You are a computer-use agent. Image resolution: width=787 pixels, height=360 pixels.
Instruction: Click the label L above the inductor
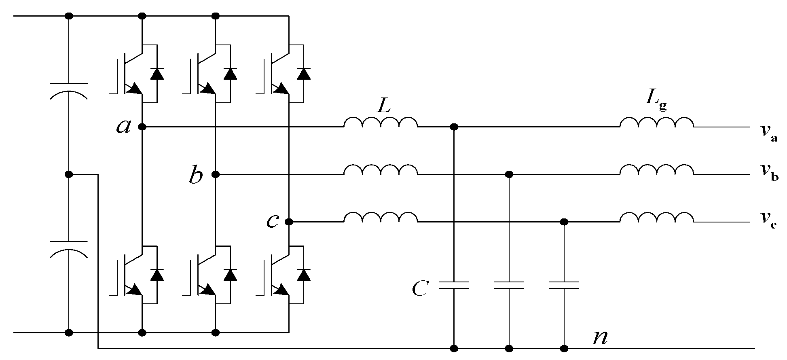(384, 106)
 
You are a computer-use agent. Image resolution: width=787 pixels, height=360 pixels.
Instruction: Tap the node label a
(123, 127)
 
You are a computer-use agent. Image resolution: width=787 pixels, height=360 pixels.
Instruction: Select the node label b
(196, 176)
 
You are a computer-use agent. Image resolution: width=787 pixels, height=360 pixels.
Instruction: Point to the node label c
(272, 222)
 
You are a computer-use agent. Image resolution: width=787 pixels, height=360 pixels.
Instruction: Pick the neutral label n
(600, 337)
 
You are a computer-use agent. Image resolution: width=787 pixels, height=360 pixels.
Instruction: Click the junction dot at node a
(142, 127)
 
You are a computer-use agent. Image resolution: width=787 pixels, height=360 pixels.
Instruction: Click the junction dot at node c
(289, 222)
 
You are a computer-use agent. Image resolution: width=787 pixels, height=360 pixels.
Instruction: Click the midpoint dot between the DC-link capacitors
(69, 174)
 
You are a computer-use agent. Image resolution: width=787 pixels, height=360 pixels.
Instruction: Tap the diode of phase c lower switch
(304, 275)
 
